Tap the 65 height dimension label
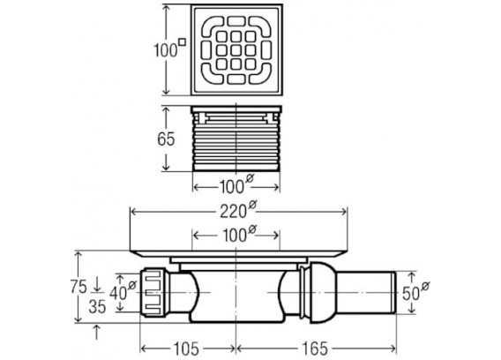pos(166,139)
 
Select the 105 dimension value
pos(187,349)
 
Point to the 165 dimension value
pos(315,349)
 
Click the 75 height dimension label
pos(79,287)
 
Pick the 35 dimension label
pos(97,307)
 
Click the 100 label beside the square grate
pos(166,50)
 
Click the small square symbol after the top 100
pos(182,41)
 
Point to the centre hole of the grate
pos(236,50)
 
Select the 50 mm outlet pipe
pos(366,293)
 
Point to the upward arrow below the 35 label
pos(97,332)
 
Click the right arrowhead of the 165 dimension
pos(393,349)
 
